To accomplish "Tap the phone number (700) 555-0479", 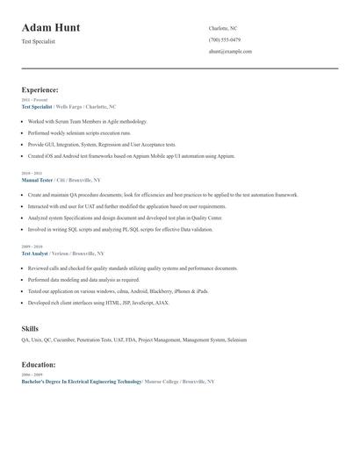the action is (x=225, y=39).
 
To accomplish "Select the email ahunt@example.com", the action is (x=230, y=51).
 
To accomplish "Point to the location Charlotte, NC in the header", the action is (x=223, y=28).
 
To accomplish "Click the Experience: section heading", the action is (x=40, y=89).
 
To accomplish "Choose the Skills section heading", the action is (x=30, y=329).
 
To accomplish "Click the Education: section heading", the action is (x=39, y=364).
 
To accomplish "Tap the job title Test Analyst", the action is (x=36, y=253).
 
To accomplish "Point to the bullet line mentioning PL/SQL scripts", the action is (x=119, y=229).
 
